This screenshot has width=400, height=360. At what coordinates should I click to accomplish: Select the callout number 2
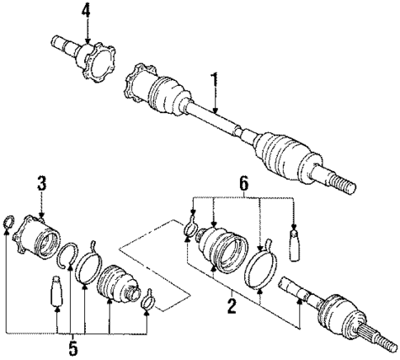(x=231, y=307)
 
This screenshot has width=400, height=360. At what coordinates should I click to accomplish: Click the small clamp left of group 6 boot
(x=191, y=232)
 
